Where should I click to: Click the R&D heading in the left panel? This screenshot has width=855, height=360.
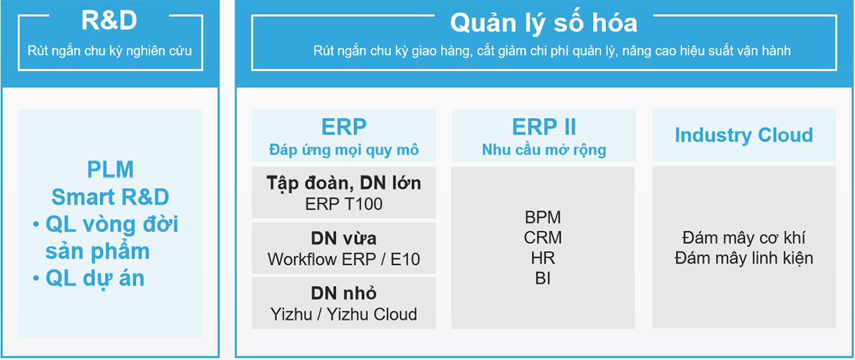109,22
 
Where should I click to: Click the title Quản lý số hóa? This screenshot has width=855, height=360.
543,23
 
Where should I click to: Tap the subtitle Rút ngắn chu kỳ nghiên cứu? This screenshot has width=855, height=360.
109,51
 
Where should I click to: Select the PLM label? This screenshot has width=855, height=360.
110,170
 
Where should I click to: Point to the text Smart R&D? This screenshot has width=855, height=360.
110,197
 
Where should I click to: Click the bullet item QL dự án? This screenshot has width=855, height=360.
89,279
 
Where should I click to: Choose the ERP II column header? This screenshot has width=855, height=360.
543,127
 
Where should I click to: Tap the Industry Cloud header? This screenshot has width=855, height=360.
743,135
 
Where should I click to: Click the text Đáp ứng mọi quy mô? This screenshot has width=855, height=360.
344,150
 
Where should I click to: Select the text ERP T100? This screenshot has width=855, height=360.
344,204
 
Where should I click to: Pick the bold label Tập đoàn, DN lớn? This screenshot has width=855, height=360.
344,184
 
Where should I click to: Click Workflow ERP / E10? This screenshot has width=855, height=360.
344,259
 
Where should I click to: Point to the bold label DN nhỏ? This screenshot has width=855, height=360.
344,294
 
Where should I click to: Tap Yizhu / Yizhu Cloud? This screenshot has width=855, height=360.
344,314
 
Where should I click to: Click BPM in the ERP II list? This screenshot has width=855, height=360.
543,217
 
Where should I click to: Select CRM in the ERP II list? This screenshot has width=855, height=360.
543,238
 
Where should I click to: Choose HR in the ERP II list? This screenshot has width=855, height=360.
543,258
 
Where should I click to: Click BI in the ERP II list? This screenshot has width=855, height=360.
543,278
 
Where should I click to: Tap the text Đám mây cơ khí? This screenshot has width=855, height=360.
743,238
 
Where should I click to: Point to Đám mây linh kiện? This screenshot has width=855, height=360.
743,258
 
